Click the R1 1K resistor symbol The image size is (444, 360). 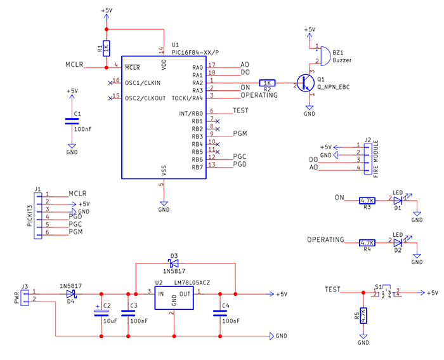107,48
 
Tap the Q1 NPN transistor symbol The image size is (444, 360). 306,83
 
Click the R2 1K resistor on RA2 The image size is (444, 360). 267,83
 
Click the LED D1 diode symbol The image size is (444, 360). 398,199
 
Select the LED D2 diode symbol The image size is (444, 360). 398,242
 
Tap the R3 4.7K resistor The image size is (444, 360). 367,199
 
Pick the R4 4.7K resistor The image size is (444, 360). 367,242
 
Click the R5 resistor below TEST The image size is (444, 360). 363,316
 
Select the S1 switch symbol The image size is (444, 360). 386,293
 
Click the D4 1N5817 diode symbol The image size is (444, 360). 70,294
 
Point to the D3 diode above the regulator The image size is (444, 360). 173,263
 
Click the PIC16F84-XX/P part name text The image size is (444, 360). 197,53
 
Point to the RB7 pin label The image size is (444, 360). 197,167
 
